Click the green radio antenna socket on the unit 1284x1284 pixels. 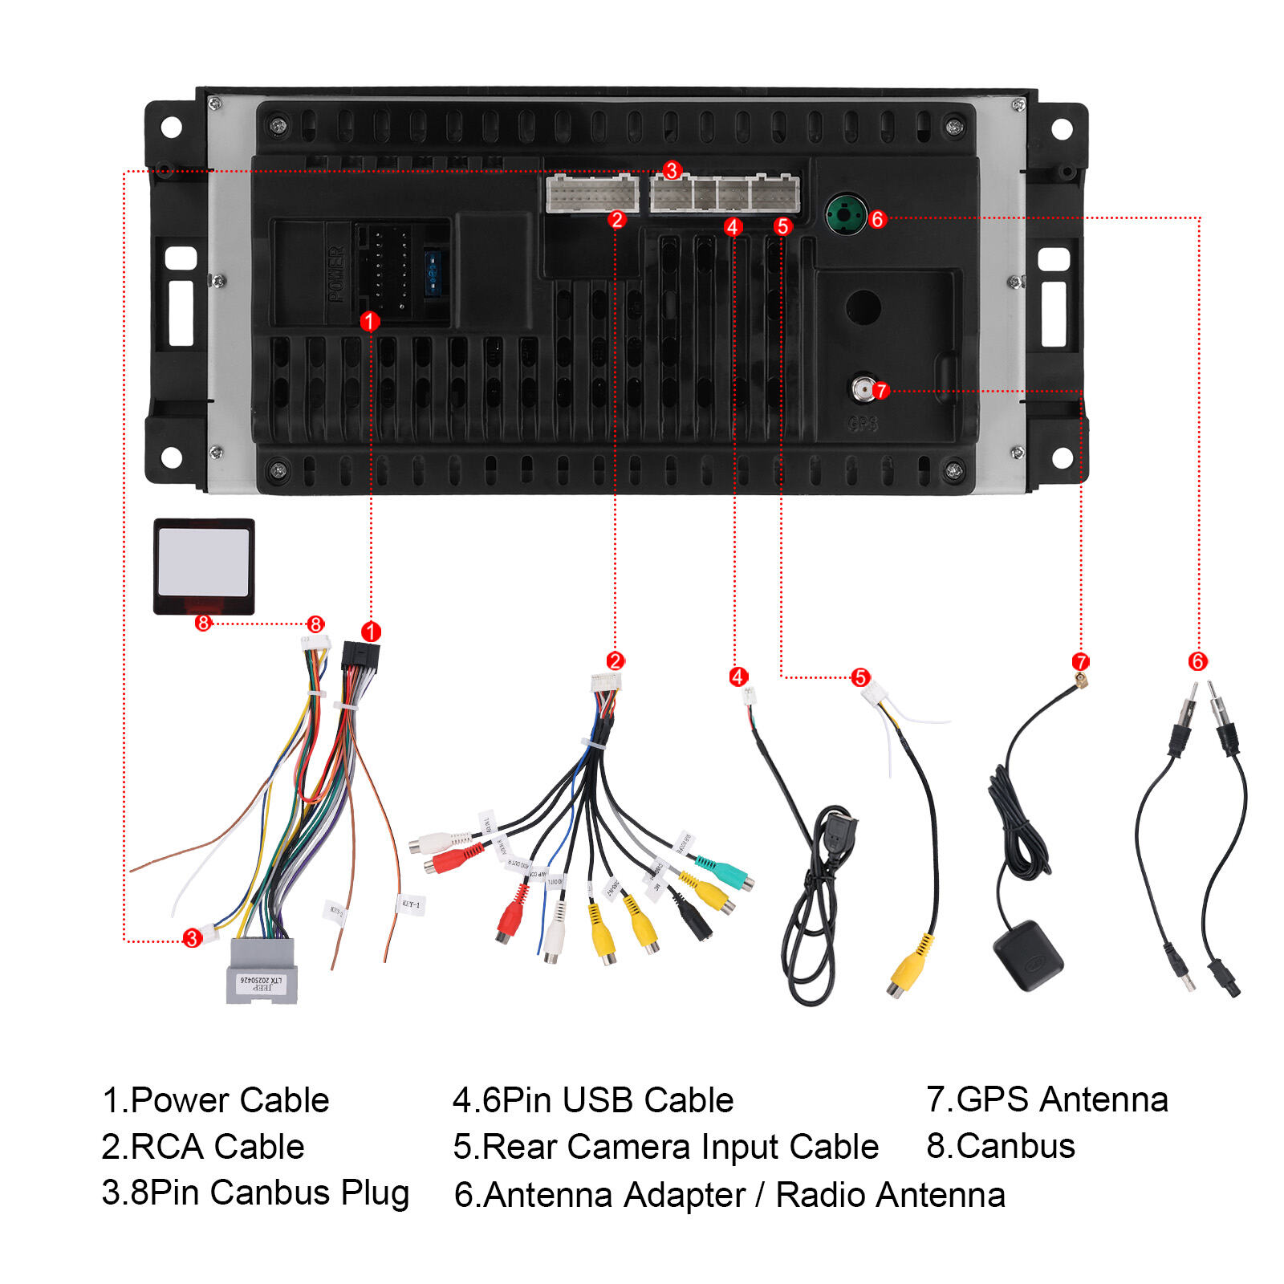846,213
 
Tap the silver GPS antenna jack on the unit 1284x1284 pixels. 863,390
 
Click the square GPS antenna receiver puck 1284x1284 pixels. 1028,955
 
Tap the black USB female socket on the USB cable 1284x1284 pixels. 838,837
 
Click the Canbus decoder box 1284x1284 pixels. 204,566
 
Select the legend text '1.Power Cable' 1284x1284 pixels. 216,1099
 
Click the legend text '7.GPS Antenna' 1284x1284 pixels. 1046,1099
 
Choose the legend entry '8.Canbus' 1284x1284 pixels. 1000,1146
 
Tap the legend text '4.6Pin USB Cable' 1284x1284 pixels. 593,1099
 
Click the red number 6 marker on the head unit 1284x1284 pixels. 877,219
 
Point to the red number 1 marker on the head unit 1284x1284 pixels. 369,321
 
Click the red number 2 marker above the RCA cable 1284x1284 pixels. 615,660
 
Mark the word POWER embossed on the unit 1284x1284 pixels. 336,274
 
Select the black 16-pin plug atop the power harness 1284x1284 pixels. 360,656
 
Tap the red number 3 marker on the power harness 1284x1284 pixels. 192,937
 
